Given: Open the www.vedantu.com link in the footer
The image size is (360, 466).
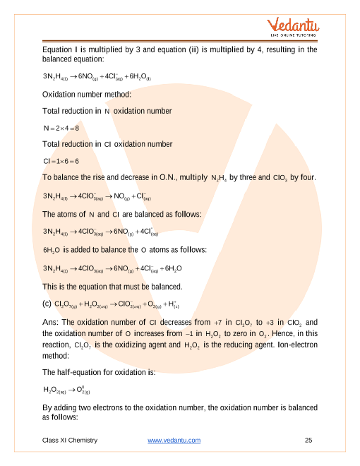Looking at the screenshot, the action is pos(174,441).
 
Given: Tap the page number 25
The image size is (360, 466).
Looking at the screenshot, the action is pos(308,441).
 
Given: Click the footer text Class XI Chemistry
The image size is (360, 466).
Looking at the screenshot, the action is pos(69,441).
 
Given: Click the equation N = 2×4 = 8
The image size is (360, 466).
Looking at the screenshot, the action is pos(62,127).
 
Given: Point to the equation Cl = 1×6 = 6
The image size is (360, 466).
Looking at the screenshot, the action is pos(63,161).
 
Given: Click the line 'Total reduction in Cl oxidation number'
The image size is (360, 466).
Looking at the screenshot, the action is pos(107,144).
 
